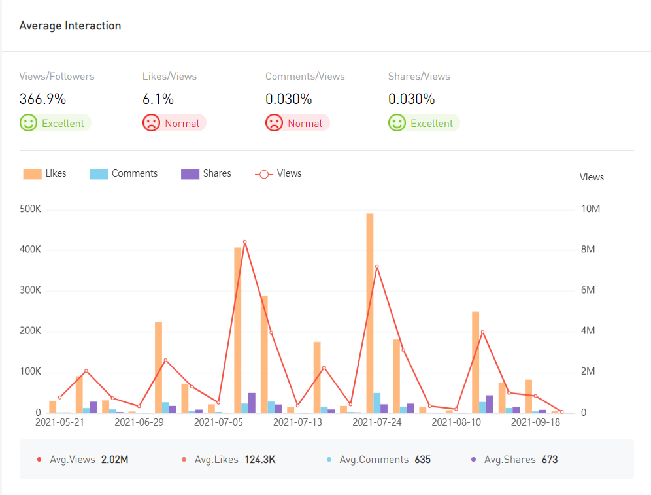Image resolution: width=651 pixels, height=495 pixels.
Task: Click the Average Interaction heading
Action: point(70,26)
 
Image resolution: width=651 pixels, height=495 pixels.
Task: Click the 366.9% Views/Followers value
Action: point(42,99)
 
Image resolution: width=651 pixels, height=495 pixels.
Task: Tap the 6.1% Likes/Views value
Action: point(158,99)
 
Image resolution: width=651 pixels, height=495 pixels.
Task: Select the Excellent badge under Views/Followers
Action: point(55,123)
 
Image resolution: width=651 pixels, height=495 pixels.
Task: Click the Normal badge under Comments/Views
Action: point(297,123)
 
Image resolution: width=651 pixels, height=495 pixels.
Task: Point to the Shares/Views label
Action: point(419,77)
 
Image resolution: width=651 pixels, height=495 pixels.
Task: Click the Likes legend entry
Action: point(45,173)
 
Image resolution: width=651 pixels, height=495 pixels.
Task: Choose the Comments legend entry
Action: point(124,173)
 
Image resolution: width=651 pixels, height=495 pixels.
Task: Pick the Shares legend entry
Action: point(206,173)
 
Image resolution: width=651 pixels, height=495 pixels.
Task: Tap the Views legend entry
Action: point(278,173)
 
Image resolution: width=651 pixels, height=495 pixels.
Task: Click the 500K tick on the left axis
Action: point(30,209)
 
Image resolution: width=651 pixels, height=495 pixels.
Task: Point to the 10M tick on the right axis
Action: point(591,209)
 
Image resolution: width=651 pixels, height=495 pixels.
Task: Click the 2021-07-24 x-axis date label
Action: point(376,422)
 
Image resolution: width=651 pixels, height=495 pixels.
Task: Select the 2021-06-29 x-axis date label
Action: point(139,422)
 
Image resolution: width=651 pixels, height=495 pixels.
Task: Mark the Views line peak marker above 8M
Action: point(245,242)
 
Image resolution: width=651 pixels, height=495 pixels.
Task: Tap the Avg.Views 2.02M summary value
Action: point(114,460)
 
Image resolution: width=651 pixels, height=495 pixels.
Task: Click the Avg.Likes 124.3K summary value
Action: point(259,460)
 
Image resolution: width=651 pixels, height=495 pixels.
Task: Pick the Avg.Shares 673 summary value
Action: point(550,460)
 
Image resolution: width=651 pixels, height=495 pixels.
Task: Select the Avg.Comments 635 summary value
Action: point(422,460)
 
